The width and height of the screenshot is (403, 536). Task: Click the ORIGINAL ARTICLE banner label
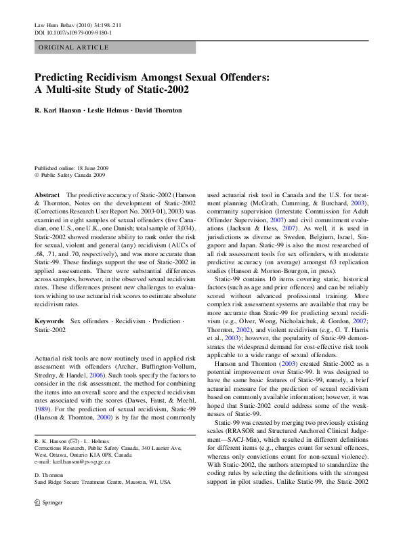point(74,47)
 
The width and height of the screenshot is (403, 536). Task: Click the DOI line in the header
point(73,32)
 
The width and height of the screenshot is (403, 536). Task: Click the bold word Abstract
point(47,194)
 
